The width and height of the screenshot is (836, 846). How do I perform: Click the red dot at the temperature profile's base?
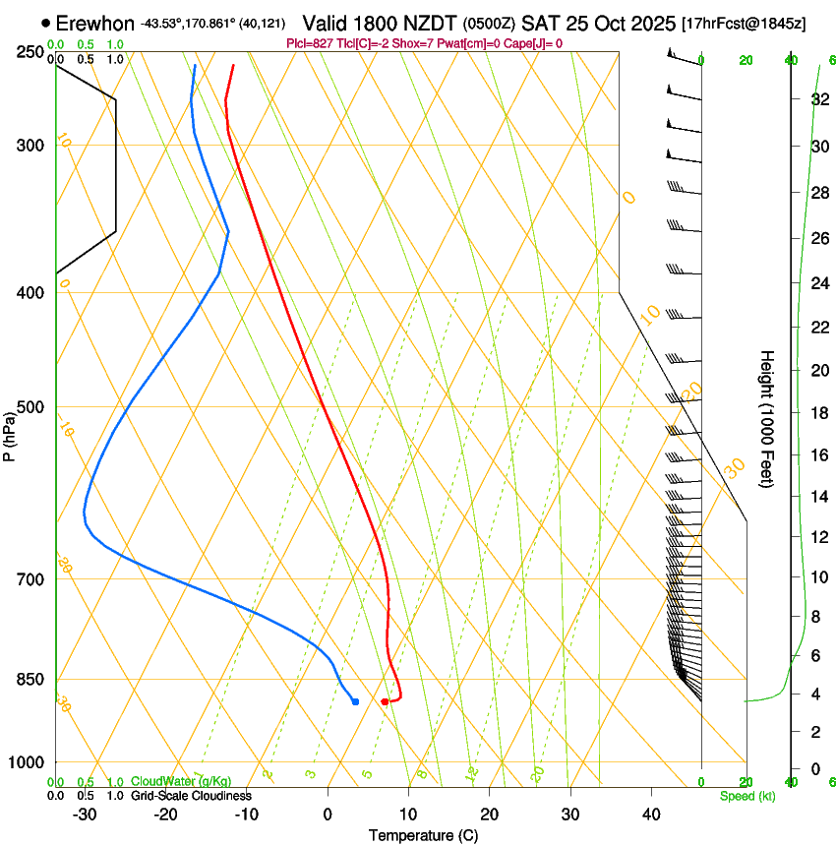click(x=385, y=701)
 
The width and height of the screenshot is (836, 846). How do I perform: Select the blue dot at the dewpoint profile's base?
click(x=355, y=701)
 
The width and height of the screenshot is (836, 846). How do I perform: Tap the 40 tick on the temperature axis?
click(x=650, y=815)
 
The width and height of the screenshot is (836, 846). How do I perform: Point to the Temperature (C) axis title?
click(x=423, y=835)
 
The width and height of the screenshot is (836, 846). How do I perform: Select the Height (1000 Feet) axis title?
click(x=768, y=418)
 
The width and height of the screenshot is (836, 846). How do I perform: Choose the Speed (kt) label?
click(x=747, y=796)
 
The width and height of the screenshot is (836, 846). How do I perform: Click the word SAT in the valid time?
click(x=538, y=23)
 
